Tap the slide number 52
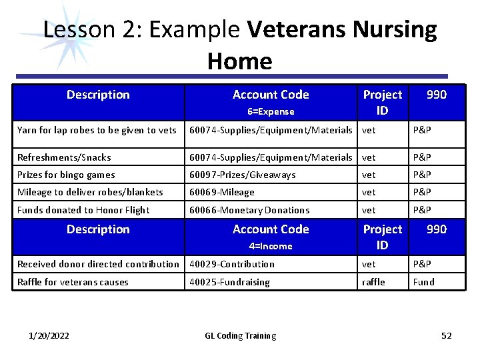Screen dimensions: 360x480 447,335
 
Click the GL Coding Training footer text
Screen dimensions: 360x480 240,335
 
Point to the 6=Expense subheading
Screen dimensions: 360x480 271,111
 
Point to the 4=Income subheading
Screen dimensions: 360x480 271,246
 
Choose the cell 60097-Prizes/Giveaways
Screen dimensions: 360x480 242,175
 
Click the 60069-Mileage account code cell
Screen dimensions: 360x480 222,192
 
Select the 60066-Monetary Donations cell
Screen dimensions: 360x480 249,210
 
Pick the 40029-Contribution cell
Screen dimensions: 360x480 232,264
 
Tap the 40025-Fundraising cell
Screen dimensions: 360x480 230,282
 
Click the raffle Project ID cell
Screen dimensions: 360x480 373,282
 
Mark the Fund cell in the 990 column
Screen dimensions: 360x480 423,282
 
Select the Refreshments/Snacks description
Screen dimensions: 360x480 64,157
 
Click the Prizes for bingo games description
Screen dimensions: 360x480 66,175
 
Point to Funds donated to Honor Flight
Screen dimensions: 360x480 83,210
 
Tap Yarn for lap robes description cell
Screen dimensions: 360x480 97,131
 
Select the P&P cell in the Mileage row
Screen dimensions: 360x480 422,192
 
